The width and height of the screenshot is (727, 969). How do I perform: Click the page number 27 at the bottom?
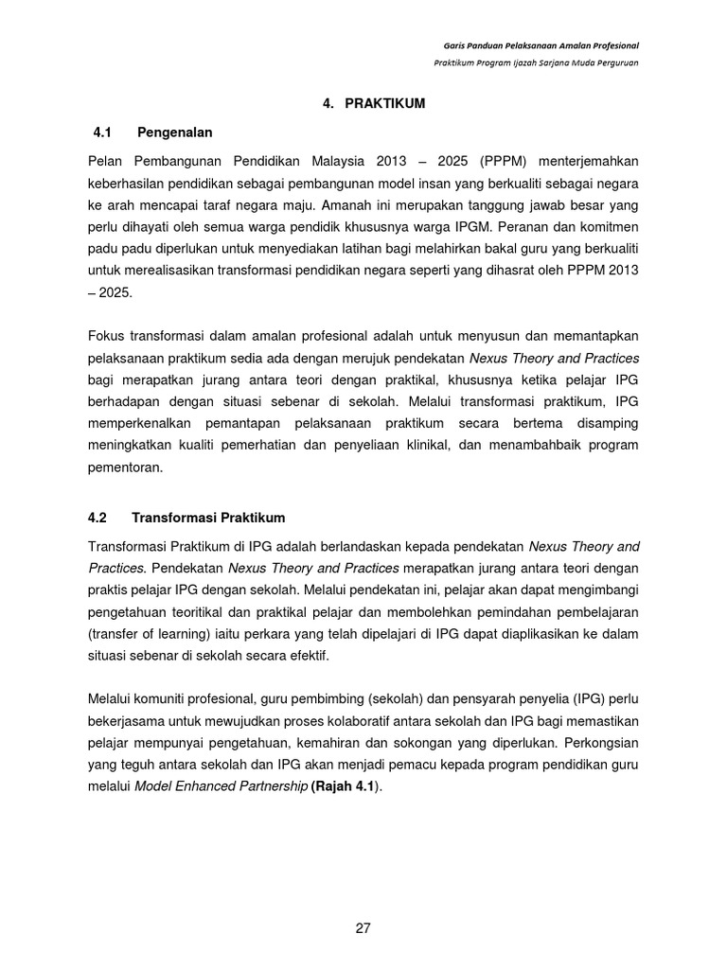tap(363, 928)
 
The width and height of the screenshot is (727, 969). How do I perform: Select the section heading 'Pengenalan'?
tap(175, 132)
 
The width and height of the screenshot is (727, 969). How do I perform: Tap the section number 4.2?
tap(98, 518)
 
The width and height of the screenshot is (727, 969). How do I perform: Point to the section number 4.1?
tap(98, 132)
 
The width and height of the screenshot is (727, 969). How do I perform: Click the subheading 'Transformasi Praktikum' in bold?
tap(208, 518)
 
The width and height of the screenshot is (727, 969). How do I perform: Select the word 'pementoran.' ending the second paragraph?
tap(126, 467)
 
